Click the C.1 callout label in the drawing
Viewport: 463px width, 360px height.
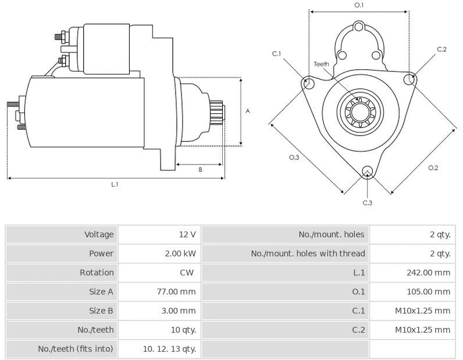click(x=276, y=54)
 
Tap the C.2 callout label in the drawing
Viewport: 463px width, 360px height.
click(x=441, y=49)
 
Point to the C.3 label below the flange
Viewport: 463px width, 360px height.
click(x=367, y=202)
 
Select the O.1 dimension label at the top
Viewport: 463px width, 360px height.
click(x=359, y=5)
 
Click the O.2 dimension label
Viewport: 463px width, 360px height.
click(x=433, y=168)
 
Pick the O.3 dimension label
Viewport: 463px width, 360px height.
click(x=294, y=158)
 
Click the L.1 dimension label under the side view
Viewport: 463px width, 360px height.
click(x=115, y=184)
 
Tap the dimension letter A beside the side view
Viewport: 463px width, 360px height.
click(x=247, y=111)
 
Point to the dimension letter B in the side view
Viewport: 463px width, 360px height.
click(x=200, y=169)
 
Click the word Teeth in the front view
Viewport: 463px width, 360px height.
click(x=322, y=64)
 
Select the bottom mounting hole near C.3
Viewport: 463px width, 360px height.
click(x=367, y=171)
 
